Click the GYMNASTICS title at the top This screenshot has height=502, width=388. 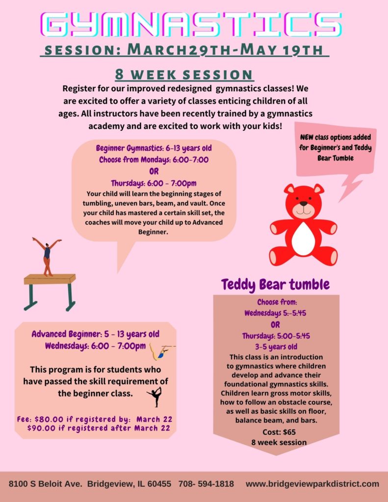192,25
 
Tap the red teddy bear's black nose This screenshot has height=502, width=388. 303,203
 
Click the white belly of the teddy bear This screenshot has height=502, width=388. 303,239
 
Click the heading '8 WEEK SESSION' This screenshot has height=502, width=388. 184,75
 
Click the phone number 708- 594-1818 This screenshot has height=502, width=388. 206,483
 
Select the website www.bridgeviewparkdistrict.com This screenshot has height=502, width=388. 312,484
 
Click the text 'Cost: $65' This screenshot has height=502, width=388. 279,432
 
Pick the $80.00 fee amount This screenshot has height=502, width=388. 49,420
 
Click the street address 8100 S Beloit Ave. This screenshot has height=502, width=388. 45,483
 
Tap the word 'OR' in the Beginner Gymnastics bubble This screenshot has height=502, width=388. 154,172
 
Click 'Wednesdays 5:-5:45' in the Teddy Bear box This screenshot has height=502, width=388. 275,313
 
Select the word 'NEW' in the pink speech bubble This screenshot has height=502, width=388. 307,137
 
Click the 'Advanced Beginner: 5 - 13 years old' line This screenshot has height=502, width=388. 95,334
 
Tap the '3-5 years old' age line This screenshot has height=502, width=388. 276,347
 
